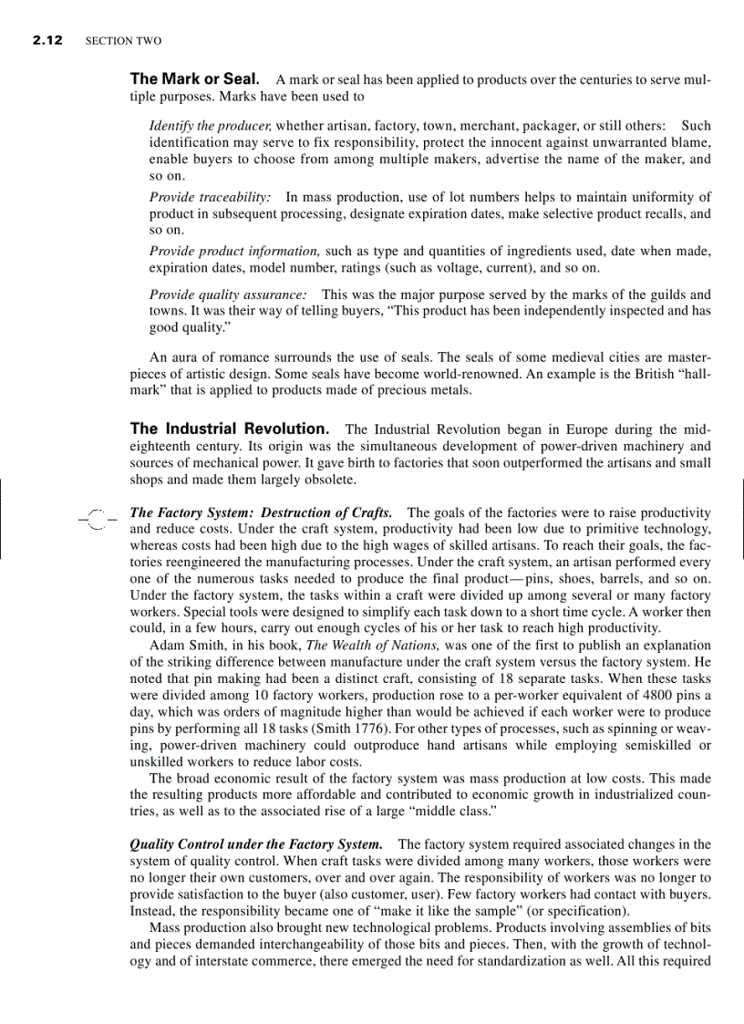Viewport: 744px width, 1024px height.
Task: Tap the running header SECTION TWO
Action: (123, 42)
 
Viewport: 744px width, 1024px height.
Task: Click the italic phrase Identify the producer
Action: (210, 125)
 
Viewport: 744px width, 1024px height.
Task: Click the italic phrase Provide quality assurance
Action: (227, 295)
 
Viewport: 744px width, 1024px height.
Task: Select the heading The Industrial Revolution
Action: (230, 429)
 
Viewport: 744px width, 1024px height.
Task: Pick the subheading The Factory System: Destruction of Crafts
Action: (261, 512)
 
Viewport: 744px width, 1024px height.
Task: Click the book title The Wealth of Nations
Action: (364, 645)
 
